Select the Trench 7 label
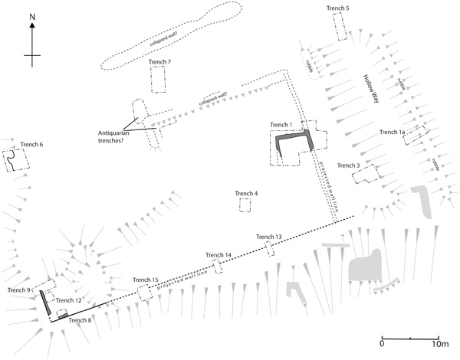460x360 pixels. tap(159, 61)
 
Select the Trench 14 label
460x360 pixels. tap(219, 255)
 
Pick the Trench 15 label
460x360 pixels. tap(145, 280)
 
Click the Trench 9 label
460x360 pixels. tap(19, 290)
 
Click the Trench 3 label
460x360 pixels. tap(348, 165)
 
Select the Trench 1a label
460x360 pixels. tap(393, 133)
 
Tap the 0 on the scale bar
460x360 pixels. tap(381, 345)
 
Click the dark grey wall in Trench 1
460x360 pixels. tap(292, 138)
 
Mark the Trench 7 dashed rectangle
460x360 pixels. tap(159, 80)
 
